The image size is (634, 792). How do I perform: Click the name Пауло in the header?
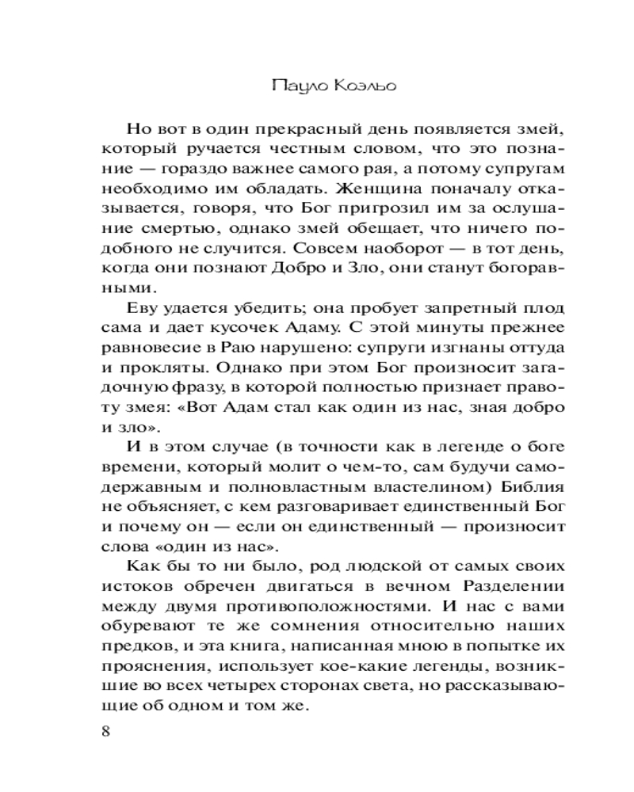(x=292, y=85)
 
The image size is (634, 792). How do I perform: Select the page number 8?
(x=107, y=730)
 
